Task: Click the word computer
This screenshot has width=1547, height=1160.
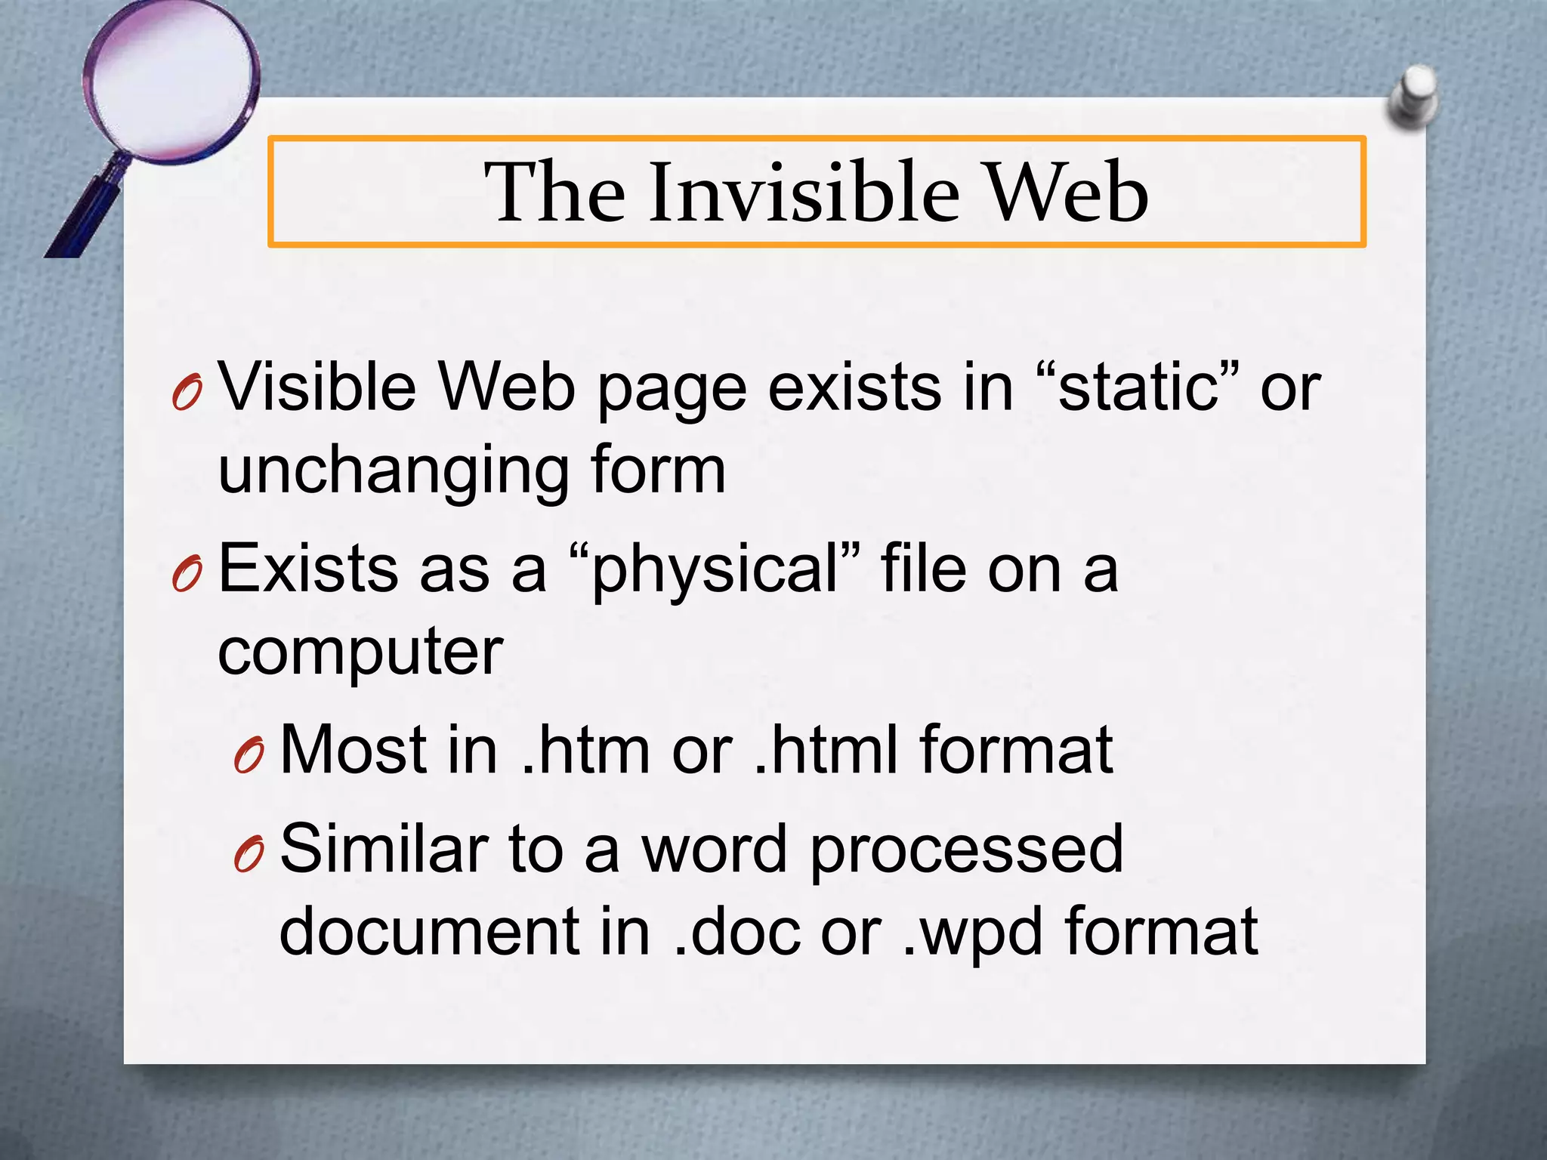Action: tap(360, 651)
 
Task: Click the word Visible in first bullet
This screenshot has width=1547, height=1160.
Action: tap(318, 387)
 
